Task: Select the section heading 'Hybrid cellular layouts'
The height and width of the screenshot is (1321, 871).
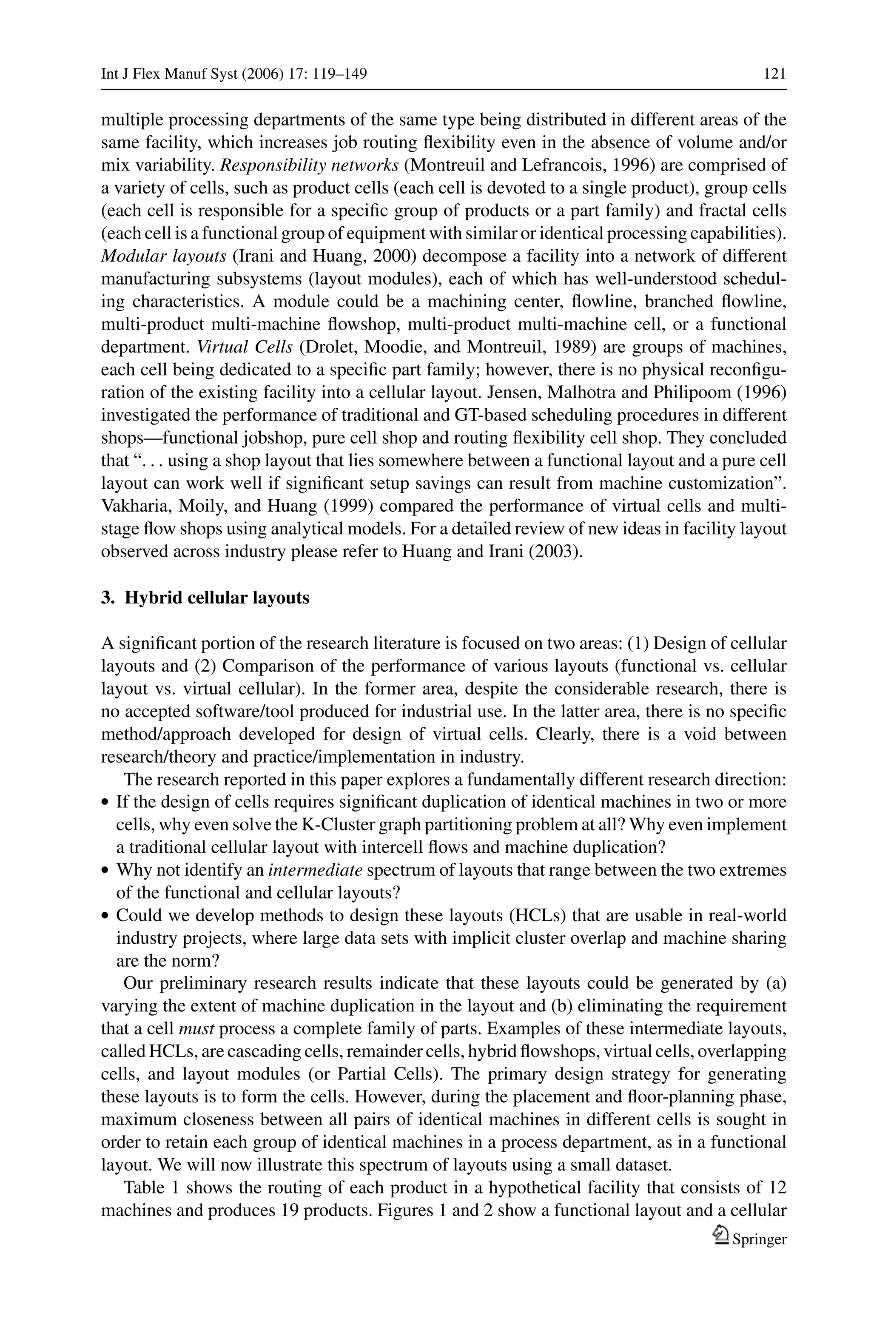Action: [216, 598]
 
